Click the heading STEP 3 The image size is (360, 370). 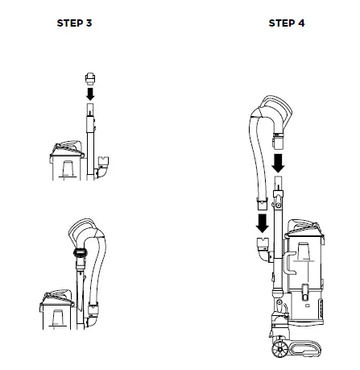click(x=74, y=23)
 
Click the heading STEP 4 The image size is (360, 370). click(x=287, y=23)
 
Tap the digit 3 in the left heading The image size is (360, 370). click(x=89, y=23)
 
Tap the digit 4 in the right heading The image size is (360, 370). click(x=301, y=23)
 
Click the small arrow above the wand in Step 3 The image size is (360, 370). click(x=89, y=94)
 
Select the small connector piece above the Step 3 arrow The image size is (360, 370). click(x=89, y=78)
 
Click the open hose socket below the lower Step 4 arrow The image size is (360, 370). click(x=261, y=247)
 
